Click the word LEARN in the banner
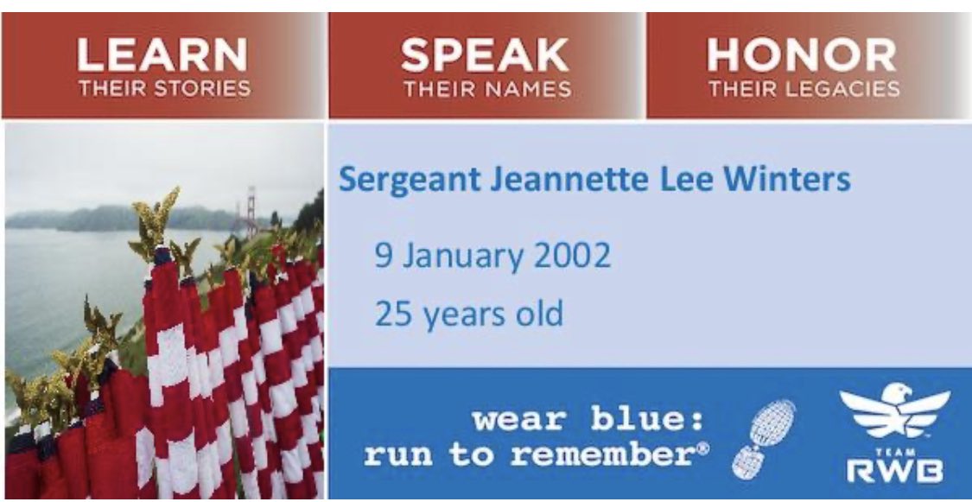tap(163, 56)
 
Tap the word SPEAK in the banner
tap(486, 56)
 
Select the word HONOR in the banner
tap(802, 56)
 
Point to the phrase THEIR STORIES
tap(164, 88)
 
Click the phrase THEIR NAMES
tap(486, 88)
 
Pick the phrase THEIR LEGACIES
tap(804, 88)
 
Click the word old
tap(537, 313)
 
